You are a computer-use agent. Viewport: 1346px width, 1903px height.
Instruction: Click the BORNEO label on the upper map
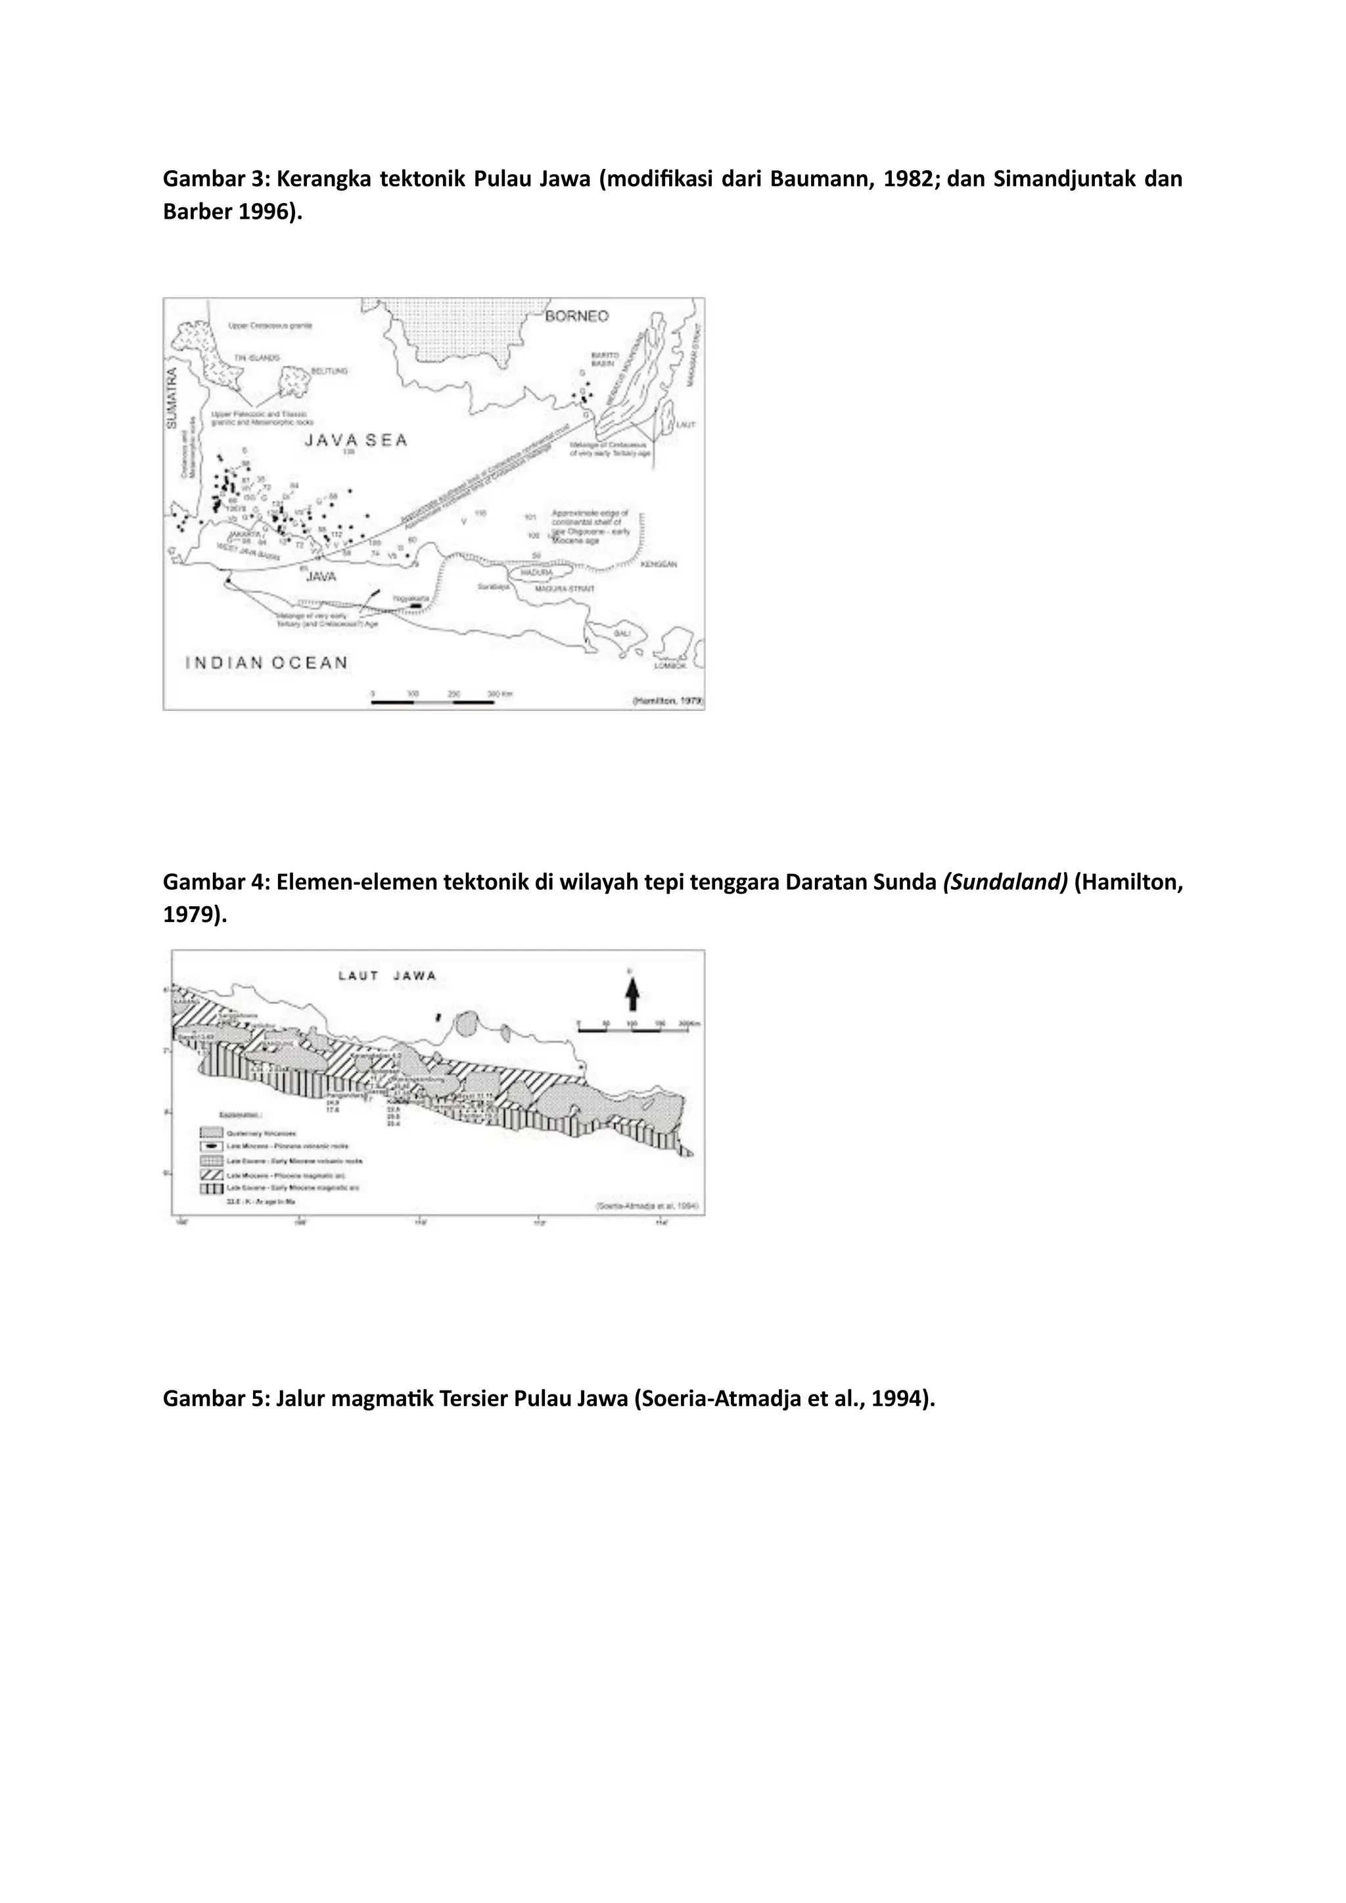(x=577, y=316)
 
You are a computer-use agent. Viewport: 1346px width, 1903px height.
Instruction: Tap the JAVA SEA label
(x=356, y=440)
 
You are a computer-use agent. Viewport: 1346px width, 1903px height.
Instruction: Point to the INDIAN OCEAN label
(x=266, y=662)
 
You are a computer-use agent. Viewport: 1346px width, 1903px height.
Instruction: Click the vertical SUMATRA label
(x=172, y=398)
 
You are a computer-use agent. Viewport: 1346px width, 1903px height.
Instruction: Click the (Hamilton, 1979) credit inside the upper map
(x=667, y=701)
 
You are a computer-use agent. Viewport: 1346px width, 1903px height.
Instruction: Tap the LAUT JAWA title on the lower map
(x=387, y=976)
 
